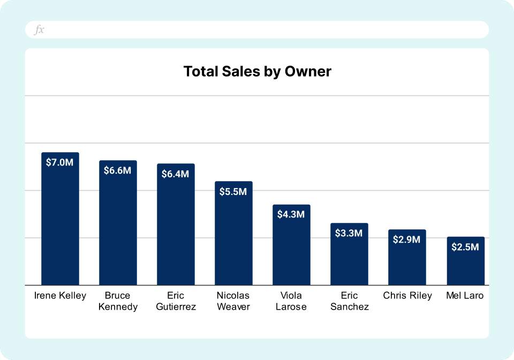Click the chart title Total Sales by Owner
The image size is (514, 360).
[257, 72]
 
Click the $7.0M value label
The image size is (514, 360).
[60, 162]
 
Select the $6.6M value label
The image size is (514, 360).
[118, 170]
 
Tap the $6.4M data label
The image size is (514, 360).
[176, 174]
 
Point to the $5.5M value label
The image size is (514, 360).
[233, 191]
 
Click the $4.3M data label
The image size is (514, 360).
[291, 214]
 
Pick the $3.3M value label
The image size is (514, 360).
[349, 233]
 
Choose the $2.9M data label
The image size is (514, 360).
[407, 239]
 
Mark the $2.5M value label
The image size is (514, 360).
[465, 247]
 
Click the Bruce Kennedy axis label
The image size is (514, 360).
[118, 301]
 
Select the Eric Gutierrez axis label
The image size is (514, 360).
[176, 301]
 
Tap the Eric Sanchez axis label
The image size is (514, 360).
[349, 301]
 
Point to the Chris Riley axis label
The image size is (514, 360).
[407, 296]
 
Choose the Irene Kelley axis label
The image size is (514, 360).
[60, 296]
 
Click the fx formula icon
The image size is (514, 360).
[39, 30]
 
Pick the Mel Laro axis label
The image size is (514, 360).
[465, 296]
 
